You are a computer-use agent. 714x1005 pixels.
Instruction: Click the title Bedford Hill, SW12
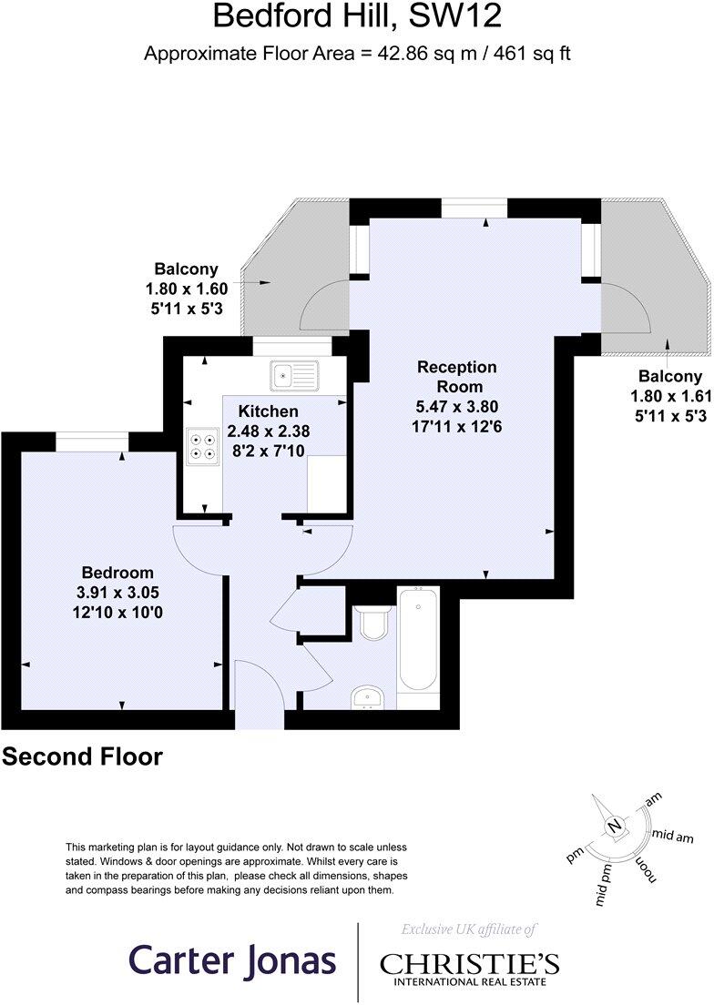pyautogui.click(x=357, y=16)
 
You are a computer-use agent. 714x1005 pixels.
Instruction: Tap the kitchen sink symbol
pyautogui.click(x=293, y=372)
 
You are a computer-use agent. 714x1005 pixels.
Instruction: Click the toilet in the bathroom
pyautogui.click(x=372, y=624)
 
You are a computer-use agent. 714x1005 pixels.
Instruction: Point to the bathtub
pyautogui.click(x=418, y=640)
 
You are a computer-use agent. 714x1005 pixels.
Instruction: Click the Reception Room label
pyautogui.click(x=457, y=376)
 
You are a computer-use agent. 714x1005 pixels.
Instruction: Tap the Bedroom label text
pyautogui.click(x=117, y=573)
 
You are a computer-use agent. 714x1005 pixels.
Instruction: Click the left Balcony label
pyautogui.click(x=186, y=269)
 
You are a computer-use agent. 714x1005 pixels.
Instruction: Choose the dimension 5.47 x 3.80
pyautogui.click(x=457, y=406)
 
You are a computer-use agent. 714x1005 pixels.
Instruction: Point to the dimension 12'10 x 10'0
pyautogui.click(x=117, y=613)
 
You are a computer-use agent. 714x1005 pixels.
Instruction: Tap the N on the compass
pyautogui.click(x=616, y=827)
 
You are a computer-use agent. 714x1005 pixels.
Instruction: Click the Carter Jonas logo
pyautogui.click(x=232, y=960)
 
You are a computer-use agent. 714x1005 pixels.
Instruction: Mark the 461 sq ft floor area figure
pyautogui.click(x=532, y=53)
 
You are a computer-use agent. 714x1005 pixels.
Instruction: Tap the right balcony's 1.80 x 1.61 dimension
pyautogui.click(x=669, y=397)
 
